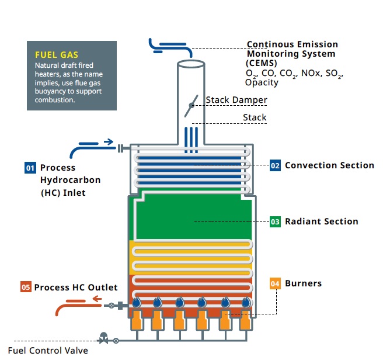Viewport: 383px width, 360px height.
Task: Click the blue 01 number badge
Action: pos(30,168)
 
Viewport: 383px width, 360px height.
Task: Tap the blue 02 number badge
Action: pos(275,165)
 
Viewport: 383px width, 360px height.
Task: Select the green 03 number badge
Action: pos(275,221)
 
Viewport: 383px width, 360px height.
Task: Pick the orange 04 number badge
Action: pos(276,283)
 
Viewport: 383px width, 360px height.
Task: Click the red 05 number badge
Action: pos(26,287)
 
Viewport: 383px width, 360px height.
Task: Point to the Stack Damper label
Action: pos(236,100)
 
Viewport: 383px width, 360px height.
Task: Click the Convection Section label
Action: pos(329,165)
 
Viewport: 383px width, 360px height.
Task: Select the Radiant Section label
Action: pos(321,221)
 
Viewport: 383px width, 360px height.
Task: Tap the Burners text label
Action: pos(304,283)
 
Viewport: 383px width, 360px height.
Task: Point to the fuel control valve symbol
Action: pos(104,338)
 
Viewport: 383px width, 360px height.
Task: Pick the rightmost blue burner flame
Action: pos(245,302)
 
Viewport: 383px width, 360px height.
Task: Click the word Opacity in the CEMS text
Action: pos(262,82)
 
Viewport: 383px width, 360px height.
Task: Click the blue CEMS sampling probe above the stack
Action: pos(169,46)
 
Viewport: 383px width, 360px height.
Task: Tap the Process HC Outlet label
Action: pos(76,287)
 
